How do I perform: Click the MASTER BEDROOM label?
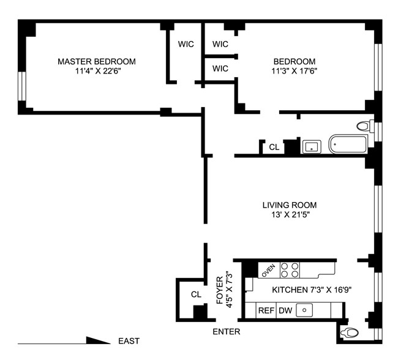[x=97, y=61]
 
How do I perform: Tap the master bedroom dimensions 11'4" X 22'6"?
[x=97, y=71]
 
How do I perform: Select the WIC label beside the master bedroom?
[x=186, y=44]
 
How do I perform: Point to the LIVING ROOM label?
[x=290, y=205]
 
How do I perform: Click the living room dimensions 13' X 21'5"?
[x=290, y=215]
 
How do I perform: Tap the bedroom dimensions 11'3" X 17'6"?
[x=295, y=71]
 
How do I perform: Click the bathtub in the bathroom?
[x=348, y=144]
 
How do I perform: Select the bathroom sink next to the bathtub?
[x=312, y=147]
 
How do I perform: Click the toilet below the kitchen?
[x=349, y=332]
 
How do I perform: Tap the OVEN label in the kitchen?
[x=269, y=271]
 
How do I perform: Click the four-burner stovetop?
[x=290, y=270]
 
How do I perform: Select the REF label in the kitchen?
[x=266, y=310]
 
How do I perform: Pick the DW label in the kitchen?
[x=285, y=310]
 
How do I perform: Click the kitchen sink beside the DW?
[x=304, y=310]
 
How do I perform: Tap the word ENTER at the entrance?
[x=226, y=332]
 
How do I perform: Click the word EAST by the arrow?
[x=129, y=340]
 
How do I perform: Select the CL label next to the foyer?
[x=196, y=294]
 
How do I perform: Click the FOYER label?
[x=220, y=290]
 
